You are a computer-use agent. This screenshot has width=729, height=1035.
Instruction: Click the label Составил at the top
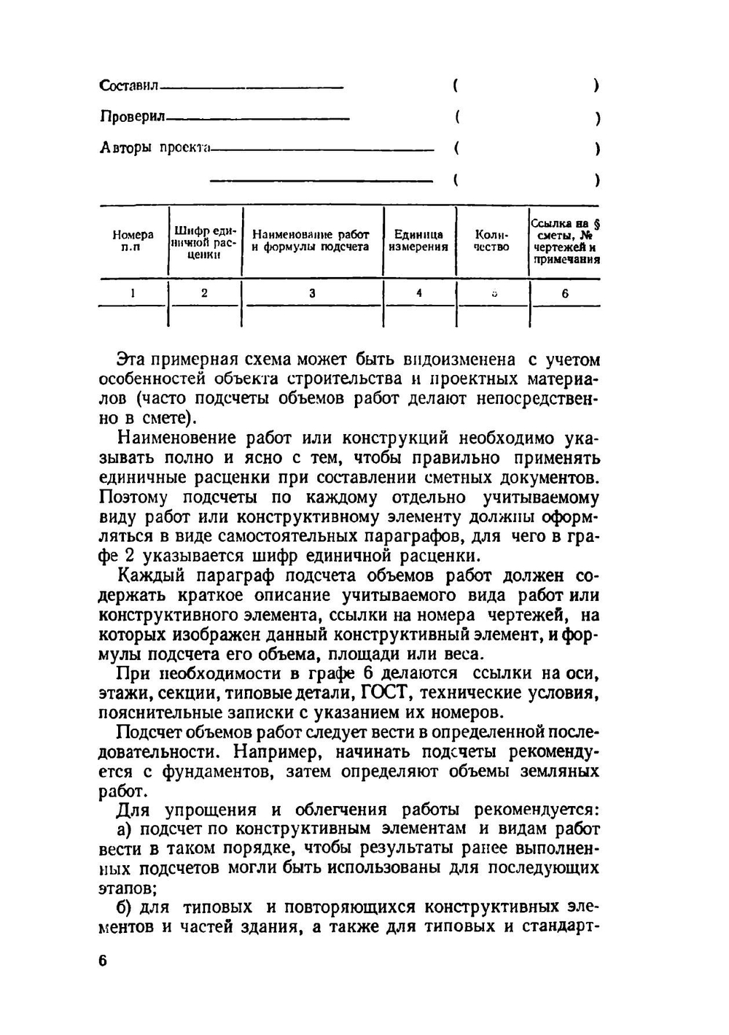click(x=128, y=86)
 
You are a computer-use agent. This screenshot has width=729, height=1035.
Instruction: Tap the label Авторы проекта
click(x=154, y=147)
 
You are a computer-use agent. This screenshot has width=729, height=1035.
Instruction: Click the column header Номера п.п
click(x=133, y=241)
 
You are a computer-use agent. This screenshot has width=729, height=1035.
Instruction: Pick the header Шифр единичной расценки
click(x=204, y=241)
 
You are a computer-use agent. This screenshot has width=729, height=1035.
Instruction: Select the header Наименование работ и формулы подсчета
click(x=311, y=241)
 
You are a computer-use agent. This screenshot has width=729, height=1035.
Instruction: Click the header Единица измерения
click(x=418, y=241)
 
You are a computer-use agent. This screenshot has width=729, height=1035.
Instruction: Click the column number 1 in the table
click(x=133, y=293)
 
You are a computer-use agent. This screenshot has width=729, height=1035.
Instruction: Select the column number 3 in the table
click(x=312, y=293)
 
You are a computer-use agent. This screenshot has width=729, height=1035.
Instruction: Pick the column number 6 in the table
click(x=565, y=294)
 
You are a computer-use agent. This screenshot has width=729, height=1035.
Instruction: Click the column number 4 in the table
click(x=418, y=293)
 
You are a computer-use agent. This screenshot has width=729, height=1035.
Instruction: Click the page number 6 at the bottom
click(x=103, y=961)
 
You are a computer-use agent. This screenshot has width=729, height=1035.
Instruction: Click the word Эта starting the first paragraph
click(x=131, y=359)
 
